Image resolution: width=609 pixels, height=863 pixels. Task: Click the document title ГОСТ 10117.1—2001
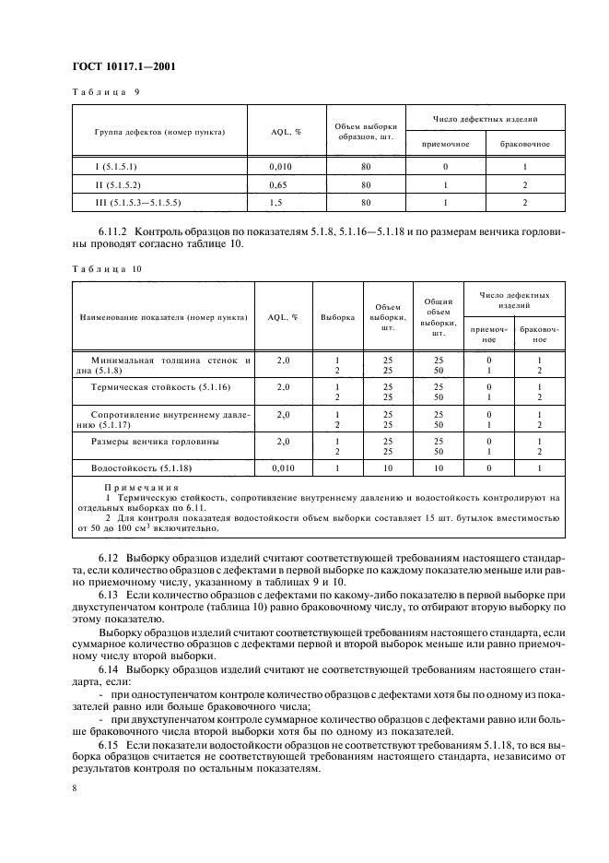tap(124, 66)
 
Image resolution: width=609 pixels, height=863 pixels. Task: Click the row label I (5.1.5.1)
tap(125, 168)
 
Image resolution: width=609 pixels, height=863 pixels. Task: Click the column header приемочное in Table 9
tap(446, 144)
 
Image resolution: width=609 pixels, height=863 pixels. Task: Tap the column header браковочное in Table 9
tap(524, 144)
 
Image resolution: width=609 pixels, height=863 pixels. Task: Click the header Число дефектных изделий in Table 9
tap(486, 119)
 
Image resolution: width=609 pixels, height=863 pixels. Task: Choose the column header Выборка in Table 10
tap(337, 316)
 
